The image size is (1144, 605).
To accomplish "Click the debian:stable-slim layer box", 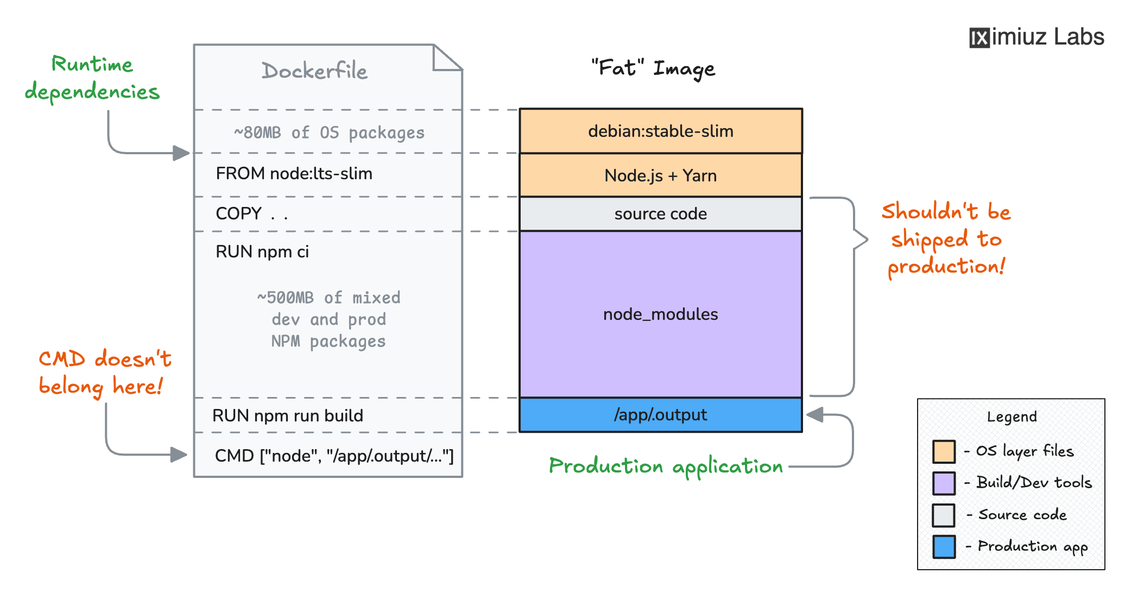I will [660, 131].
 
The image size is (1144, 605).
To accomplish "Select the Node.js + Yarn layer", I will [660, 175].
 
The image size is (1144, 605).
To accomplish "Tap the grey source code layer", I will [660, 214].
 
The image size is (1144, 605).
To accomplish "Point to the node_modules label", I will [660, 314].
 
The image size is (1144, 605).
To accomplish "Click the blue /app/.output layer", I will [660, 415].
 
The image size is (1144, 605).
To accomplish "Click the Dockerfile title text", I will [314, 71].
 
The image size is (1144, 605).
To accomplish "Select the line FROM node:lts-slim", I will [294, 174].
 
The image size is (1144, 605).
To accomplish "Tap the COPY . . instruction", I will [251, 213].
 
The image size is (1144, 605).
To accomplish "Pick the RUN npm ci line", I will [262, 251].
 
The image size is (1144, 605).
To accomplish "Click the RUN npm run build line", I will [288, 415].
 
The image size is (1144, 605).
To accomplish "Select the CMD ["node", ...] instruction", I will [334, 456].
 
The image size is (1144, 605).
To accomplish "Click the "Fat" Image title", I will [653, 68].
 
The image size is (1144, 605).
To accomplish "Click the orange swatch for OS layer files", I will [944, 451].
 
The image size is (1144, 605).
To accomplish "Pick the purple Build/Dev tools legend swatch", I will [944, 483].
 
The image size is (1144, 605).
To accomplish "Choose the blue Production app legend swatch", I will [944, 546].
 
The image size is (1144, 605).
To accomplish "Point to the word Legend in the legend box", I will [1012, 417].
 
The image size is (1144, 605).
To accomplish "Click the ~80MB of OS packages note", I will [329, 133].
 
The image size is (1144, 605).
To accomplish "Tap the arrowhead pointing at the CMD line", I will [179, 455].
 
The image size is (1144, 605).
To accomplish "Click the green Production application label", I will [666, 467].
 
